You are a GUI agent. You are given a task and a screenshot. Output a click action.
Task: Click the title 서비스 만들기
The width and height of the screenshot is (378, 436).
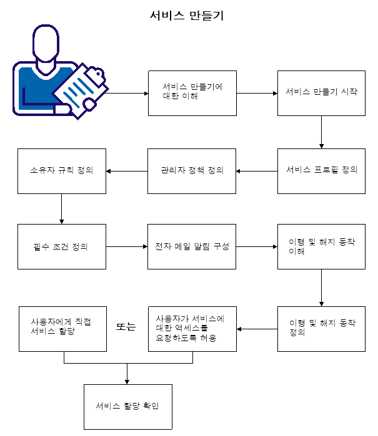(x=187, y=16)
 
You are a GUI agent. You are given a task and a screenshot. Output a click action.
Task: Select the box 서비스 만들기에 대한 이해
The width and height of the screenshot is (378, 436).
(x=192, y=92)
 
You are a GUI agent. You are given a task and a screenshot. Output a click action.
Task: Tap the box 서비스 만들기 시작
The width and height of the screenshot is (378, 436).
(x=321, y=92)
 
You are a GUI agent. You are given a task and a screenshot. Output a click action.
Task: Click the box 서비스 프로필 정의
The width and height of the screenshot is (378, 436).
(x=321, y=170)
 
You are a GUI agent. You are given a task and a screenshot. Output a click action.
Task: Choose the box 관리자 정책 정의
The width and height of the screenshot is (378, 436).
(x=192, y=170)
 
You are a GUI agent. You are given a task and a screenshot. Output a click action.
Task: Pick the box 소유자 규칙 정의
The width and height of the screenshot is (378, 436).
(x=62, y=170)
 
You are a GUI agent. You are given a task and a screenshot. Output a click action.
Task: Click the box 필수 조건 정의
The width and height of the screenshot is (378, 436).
(x=62, y=246)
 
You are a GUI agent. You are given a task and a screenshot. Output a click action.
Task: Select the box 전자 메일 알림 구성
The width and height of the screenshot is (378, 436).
(x=192, y=246)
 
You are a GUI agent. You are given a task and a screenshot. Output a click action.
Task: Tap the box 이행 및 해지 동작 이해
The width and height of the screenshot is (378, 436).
(x=321, y=246)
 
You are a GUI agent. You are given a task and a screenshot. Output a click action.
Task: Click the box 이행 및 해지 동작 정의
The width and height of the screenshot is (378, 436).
(x=321, y=328)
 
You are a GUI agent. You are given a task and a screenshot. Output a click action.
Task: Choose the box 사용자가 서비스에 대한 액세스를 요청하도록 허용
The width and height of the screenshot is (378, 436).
(x=192, y=328)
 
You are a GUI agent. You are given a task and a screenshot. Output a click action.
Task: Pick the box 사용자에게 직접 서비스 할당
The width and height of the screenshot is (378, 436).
(x=62, y=328)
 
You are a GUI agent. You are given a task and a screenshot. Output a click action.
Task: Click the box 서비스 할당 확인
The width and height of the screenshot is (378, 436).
(x=127, y=407)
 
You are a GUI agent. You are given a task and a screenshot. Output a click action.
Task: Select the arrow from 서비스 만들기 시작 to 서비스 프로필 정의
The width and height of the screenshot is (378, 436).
(x=321, y=132)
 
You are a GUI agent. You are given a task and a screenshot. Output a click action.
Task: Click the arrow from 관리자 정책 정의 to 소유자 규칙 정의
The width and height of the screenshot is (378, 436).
(x=127, y=171)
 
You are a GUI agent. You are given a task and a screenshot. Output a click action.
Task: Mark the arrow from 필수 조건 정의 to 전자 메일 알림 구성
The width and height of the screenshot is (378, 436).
(x=127, y=247)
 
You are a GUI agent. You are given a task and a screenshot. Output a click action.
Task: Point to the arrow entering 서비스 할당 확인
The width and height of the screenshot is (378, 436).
(x=127, y=374)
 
